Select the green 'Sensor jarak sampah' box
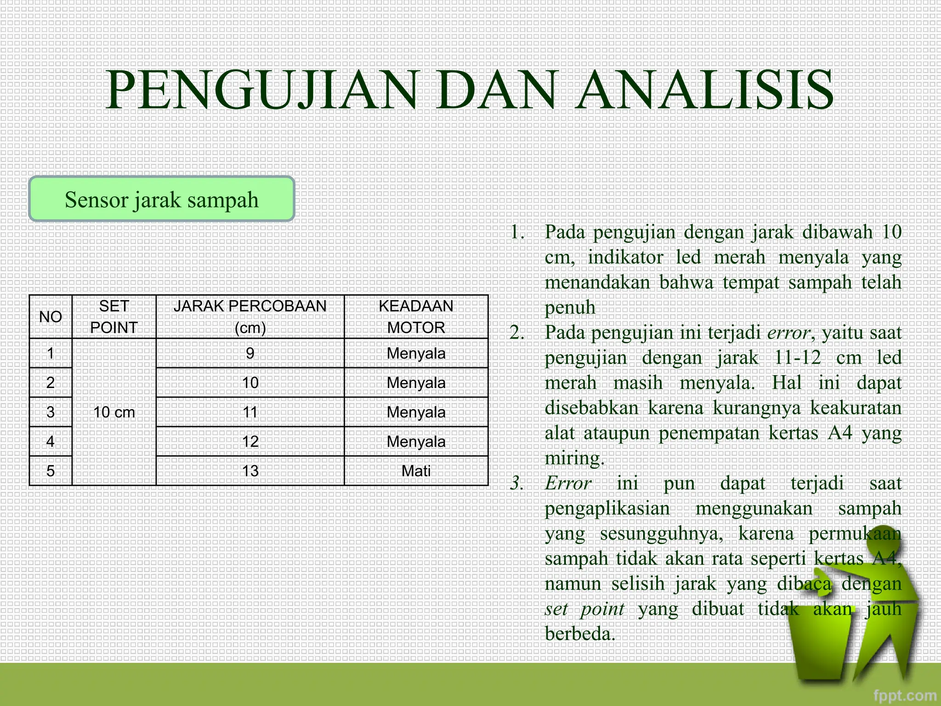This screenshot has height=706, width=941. (161, 199)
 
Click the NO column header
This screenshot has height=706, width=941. (51, 317)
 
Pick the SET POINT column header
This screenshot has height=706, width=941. (114, 317)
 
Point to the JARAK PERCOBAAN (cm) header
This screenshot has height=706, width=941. (250, 317)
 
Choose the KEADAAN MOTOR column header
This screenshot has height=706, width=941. (416, 317)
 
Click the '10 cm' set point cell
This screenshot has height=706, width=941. (114, 412)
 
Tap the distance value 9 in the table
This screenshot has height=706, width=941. (250, 353)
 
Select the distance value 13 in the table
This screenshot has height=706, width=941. (250, 471)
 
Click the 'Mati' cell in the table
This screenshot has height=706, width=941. (416, 471)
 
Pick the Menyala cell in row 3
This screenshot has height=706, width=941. (416, 412)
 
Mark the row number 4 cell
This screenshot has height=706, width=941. (51, 442)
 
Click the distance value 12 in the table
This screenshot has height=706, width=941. (250, 442)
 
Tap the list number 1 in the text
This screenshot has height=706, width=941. (517, 233)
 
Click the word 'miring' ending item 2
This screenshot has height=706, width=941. (573, 459)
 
